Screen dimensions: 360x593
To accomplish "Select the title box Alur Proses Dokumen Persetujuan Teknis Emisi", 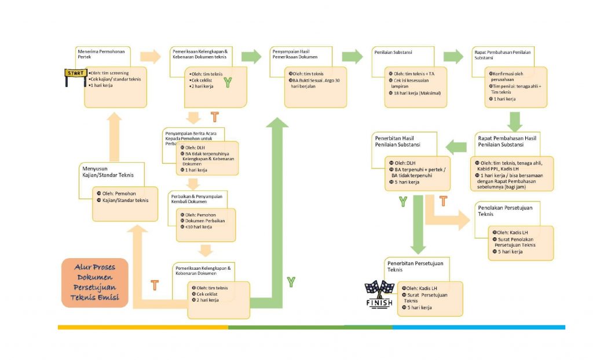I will coord(94,282).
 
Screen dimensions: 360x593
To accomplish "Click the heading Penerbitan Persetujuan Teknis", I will coord(415,266).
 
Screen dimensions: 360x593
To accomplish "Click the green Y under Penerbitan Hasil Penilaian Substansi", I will coord(402,201).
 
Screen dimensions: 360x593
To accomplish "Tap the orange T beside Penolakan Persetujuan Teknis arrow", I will coord(443,201).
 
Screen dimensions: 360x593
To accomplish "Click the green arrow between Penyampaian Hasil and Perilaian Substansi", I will coord(352,56).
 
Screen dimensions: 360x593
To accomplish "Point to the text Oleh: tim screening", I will coord(111,73).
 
